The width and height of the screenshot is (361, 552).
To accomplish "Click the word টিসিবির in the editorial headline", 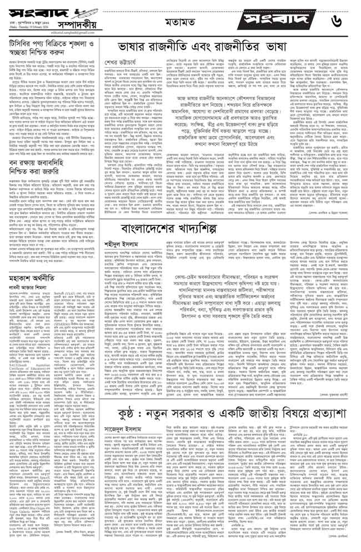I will (x=22, y=44).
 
